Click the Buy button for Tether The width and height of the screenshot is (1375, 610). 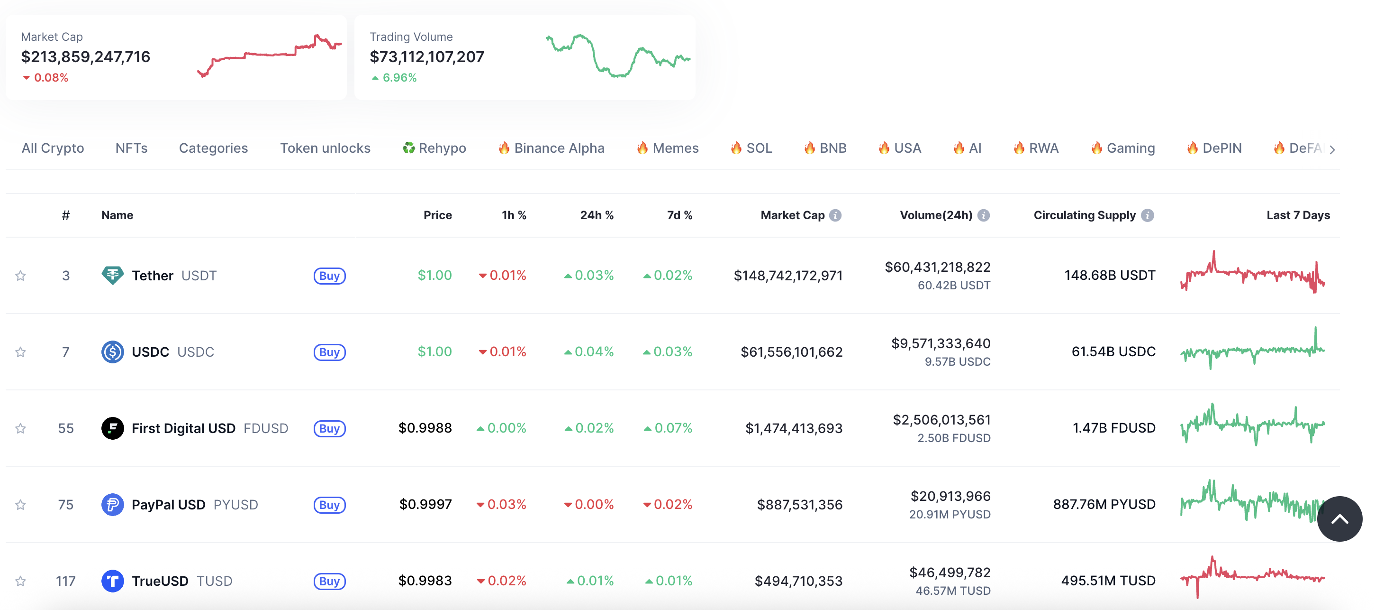329,276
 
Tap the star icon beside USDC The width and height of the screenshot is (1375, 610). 20,352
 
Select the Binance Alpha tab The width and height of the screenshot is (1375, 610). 552,148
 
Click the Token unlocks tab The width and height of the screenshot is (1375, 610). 325,148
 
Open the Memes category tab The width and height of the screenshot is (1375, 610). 668,148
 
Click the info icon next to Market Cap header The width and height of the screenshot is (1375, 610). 835,215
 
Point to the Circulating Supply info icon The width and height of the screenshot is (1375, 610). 1147,215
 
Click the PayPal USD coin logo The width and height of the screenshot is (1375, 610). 113,505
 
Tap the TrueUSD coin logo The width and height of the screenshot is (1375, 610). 113,581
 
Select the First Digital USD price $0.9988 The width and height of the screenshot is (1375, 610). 425,428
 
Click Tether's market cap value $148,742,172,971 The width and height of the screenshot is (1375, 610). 788,276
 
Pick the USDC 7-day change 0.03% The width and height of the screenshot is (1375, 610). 668,352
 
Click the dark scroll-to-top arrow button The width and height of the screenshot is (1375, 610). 1339,518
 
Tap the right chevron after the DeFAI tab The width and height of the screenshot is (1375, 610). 1333,149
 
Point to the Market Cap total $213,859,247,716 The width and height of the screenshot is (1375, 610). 85,56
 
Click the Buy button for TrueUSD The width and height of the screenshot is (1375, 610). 329,581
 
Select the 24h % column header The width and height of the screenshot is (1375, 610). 596,215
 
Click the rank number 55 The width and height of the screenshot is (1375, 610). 66,428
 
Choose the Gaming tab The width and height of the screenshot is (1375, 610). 1123,148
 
